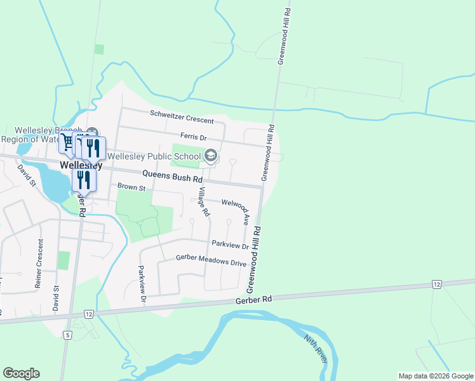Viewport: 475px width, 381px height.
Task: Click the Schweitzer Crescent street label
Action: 182,116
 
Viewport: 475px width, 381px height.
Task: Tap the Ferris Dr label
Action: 194,137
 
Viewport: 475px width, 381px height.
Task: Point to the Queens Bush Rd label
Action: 167,173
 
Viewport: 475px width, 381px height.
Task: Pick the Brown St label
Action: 131,188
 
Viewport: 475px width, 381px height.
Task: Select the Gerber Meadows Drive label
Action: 202,262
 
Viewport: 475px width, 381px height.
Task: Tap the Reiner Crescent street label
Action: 41,264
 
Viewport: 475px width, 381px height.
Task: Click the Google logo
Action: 21,373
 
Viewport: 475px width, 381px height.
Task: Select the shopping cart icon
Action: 67,142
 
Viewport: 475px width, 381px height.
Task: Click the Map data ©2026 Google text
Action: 435,376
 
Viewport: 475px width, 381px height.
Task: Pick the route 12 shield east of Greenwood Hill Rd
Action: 436,284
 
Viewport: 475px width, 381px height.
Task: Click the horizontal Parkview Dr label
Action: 230,243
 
